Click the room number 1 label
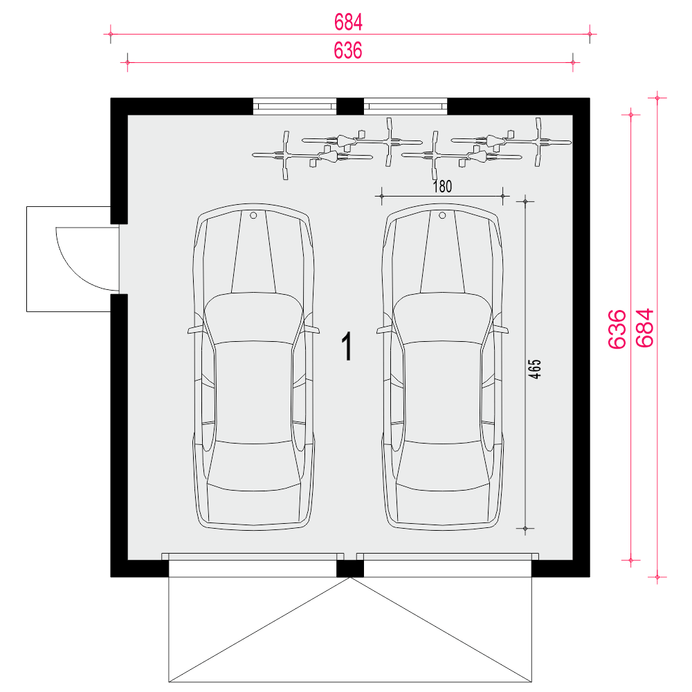(x=348, y=347)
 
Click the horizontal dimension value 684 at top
(x=348, y=22)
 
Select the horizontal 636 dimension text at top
(x=348, y=51)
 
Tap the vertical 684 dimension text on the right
(x=645, y=328)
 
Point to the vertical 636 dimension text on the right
(x=617, y=329)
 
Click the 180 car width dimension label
(x=442, y=187)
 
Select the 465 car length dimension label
(x=534, y=369)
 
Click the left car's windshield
(x=253, y=318)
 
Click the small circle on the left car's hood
(x=253, y=215)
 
